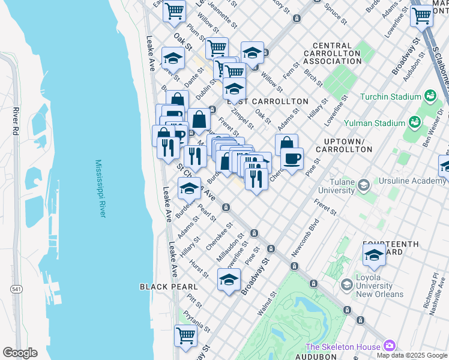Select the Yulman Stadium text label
pyautogui.click(x=380, y=123)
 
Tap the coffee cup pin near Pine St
pyautogui.click(x=292, y=159)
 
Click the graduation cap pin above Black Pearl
pyautogui.click(x=229, y=280)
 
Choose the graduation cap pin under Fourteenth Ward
pyautogui.click(x=374, y=255)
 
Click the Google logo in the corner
pyautogui.click(x=20, y=353)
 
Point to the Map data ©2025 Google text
pyautogui.click(x=411, y=355)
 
